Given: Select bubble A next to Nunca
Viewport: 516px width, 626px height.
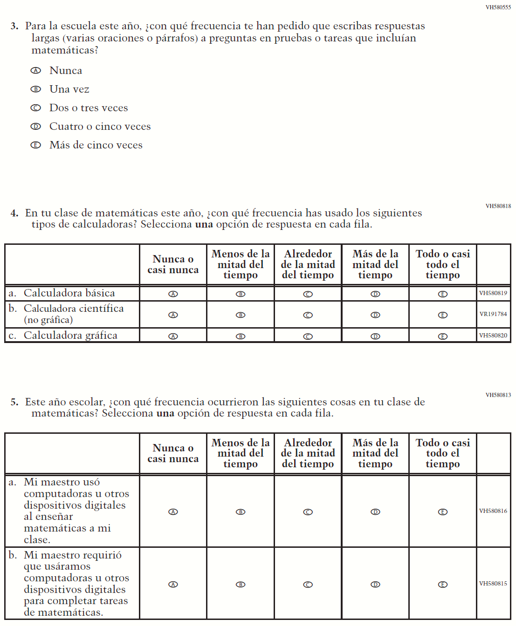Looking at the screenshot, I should (35, 71).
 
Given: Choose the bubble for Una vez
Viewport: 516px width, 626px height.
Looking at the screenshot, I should (35, 89).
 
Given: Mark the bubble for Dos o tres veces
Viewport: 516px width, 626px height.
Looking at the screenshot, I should (35, 108).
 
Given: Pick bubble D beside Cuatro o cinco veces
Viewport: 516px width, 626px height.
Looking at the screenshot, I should (35, 127).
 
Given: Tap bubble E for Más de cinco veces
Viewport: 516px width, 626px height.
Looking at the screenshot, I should (35, 145).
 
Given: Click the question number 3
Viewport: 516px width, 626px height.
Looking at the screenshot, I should (14, 26).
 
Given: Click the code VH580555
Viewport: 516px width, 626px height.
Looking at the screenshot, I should (498, 7).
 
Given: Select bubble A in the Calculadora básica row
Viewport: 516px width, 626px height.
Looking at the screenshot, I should (173, 294).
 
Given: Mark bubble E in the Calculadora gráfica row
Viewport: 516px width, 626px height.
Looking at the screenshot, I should (443, 337).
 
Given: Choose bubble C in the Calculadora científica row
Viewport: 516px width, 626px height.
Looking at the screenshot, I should (308, 315).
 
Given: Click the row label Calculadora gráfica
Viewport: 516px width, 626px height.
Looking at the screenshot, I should (70, 336).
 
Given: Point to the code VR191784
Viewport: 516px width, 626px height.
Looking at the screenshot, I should (493, 314).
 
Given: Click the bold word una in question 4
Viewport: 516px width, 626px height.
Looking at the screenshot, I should (204, 224).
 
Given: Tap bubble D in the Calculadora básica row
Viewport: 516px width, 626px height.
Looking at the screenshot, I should (375, 294).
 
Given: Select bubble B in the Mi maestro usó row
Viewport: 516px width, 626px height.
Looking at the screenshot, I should (241, 512).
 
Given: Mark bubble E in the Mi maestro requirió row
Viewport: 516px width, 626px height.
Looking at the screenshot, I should (443, 585).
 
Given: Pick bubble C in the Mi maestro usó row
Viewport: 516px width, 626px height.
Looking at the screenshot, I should (308, 512).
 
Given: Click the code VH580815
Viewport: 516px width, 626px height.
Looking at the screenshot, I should (493, 584).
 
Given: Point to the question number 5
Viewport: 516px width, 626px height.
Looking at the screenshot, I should (14, 402).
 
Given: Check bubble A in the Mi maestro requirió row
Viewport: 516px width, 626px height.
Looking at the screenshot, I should (173, 585).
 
